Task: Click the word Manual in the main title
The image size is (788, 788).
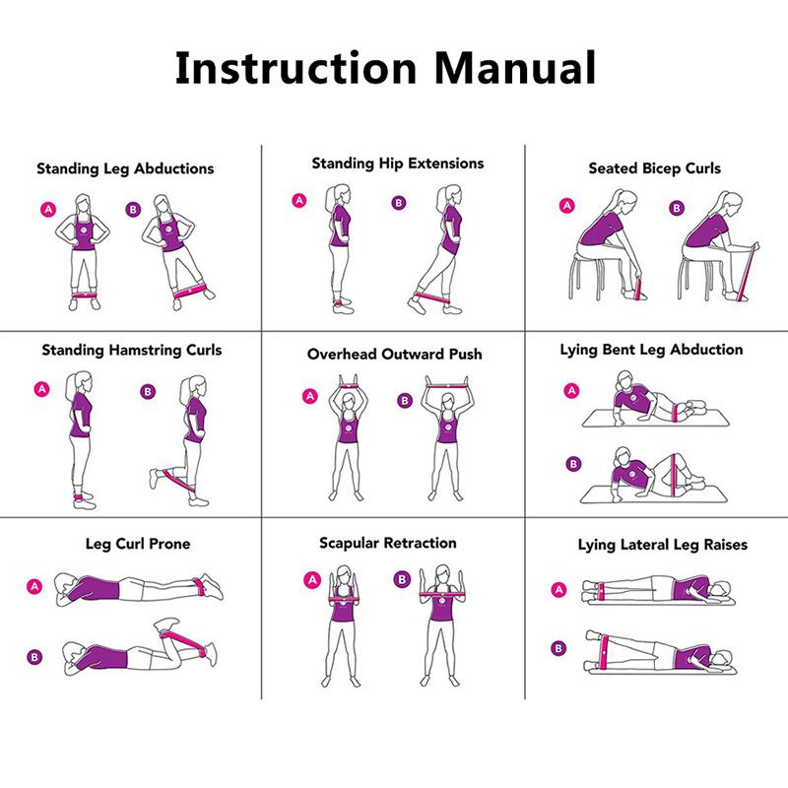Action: (516, 67)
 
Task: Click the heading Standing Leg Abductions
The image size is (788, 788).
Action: (125, 168)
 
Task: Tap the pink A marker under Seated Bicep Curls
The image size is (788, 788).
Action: (566, 207)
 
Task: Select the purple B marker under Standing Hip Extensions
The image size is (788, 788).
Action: (399, 204)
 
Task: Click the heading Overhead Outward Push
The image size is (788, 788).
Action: (394, 354)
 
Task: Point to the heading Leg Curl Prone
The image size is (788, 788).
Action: (138, 543)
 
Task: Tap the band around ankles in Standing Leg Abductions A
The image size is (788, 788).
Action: (87, 293)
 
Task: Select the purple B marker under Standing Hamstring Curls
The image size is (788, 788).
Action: (148, 392)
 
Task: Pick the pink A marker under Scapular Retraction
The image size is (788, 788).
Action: (313, 579)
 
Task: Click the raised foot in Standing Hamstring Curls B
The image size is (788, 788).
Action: (157, 478)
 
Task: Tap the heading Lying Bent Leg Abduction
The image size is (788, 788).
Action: (651, 350)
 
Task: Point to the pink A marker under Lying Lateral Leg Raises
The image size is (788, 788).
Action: (559, 590)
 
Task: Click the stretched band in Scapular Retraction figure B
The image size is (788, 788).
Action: (442, 597)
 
